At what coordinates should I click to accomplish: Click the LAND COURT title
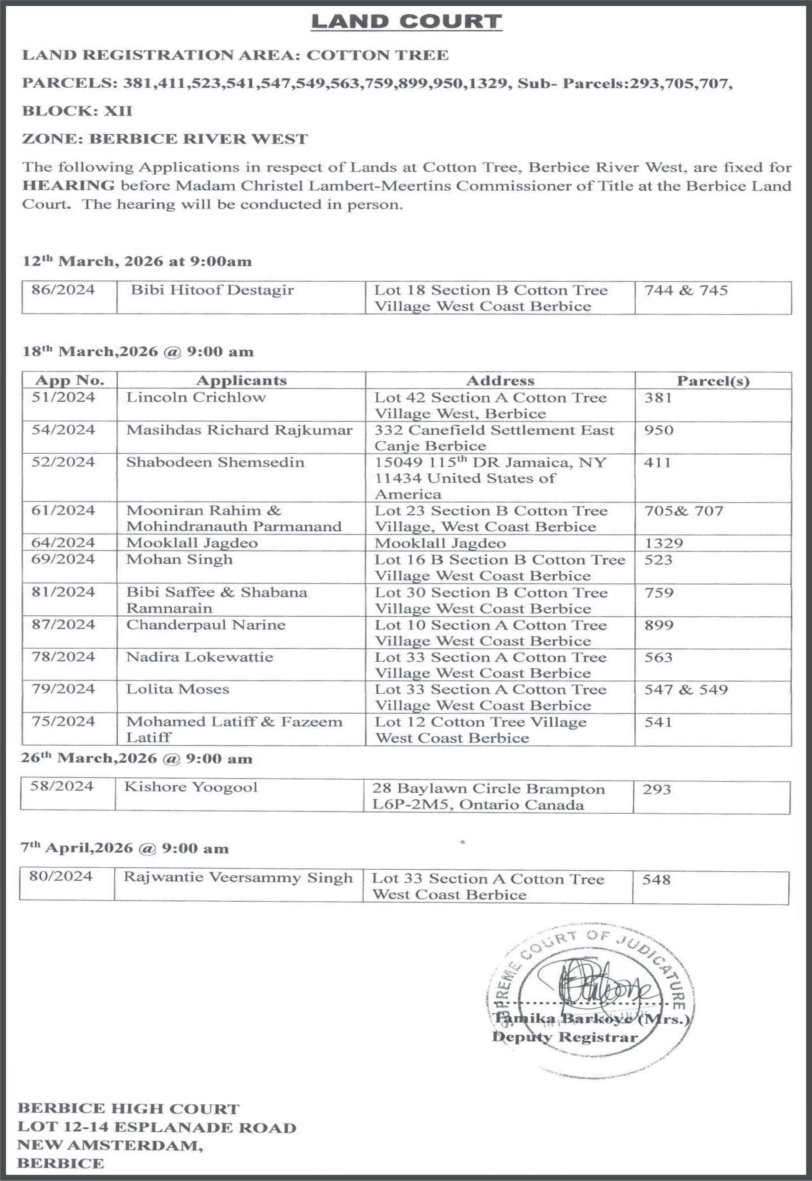tap(406, 22)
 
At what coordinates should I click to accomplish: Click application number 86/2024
tap(63, 290)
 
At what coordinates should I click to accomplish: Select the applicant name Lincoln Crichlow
tap(196, 397)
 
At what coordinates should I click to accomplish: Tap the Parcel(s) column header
tap(713, 381)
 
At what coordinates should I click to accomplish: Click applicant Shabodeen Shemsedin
tap(215, 462)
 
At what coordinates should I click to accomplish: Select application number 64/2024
tap(63, 543)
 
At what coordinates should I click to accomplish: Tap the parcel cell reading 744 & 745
tap(686, 290)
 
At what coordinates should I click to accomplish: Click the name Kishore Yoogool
tap(191, 787)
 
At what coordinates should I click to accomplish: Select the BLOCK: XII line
tap(77, 111)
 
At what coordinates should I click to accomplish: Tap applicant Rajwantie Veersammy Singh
tap(238, 878)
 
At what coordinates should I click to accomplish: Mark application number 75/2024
tap(63, 722)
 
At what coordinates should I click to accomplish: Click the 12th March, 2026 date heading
tap(137, 262)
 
